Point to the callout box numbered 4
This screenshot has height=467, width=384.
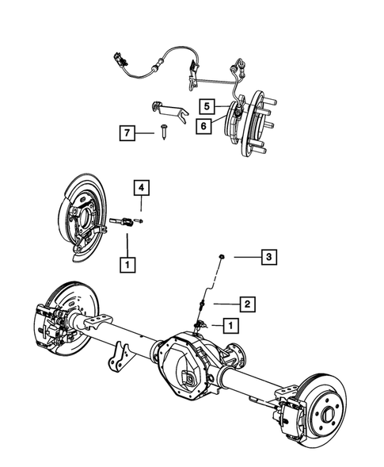click(139, 188)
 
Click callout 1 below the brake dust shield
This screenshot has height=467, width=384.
click(125, 261)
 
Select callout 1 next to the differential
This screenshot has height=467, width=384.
click(230, 325)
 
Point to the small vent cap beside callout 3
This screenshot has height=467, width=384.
click(223, 256)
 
